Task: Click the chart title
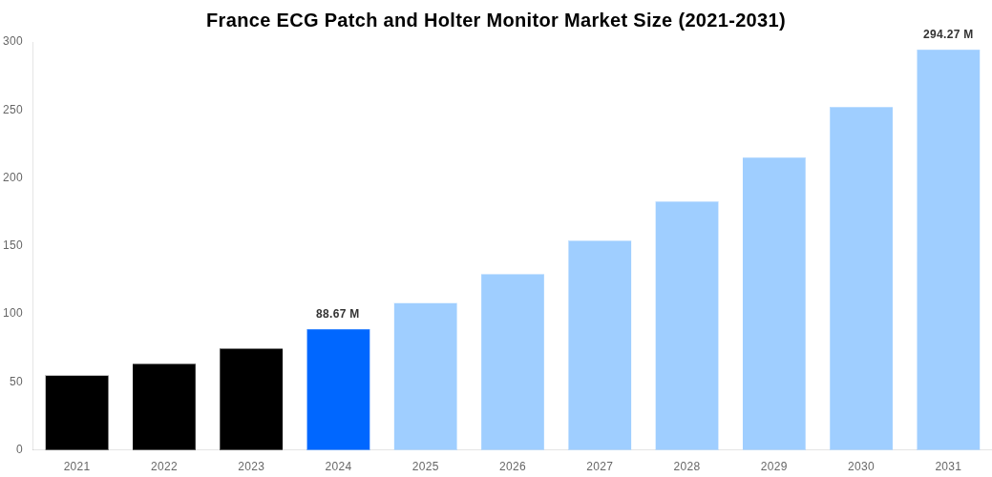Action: pos(496,20)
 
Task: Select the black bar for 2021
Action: pos(76,412)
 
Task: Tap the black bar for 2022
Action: pos(164,406)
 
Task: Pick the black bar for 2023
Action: pos(251,399)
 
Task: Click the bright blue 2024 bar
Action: pos(338,389)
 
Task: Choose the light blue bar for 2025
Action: pos(425,376)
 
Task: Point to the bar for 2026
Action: pos(513,362)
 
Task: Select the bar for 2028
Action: pos(686,325)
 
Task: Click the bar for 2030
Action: pos(861,278)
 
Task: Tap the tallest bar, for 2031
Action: pos(948,249)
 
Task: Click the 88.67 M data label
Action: pos(338,314)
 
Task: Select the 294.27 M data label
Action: pos(948,34)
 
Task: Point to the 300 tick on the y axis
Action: pos(13,41)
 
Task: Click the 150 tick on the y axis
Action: pos(13,245)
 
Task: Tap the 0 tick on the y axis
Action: pos(19,449)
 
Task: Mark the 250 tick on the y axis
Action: pos(13,110)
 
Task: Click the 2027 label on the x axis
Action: pos(600,467)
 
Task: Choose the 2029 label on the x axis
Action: pos(774,467)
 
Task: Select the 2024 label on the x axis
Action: pos(338,467)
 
